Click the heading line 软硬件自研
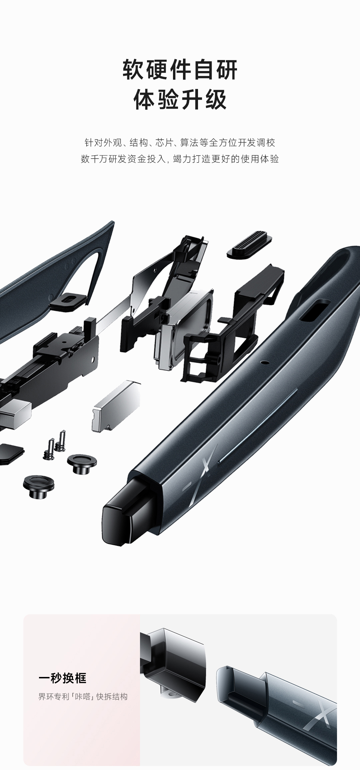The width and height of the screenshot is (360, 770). tap(180, 70)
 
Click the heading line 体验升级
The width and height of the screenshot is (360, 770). tap(180, 99)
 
